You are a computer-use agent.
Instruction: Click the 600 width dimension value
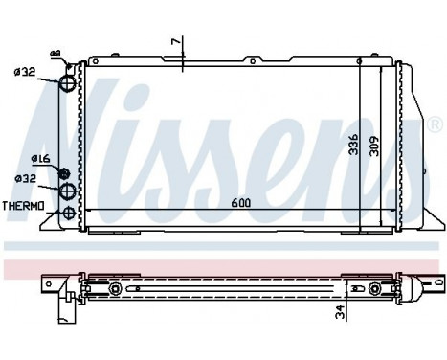[240, 203]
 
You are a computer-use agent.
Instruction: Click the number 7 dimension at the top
[174, 43]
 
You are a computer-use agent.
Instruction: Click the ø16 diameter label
[40, 158]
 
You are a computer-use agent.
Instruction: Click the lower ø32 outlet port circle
[69, 191]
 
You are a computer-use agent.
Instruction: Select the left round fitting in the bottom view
[116, 289]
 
